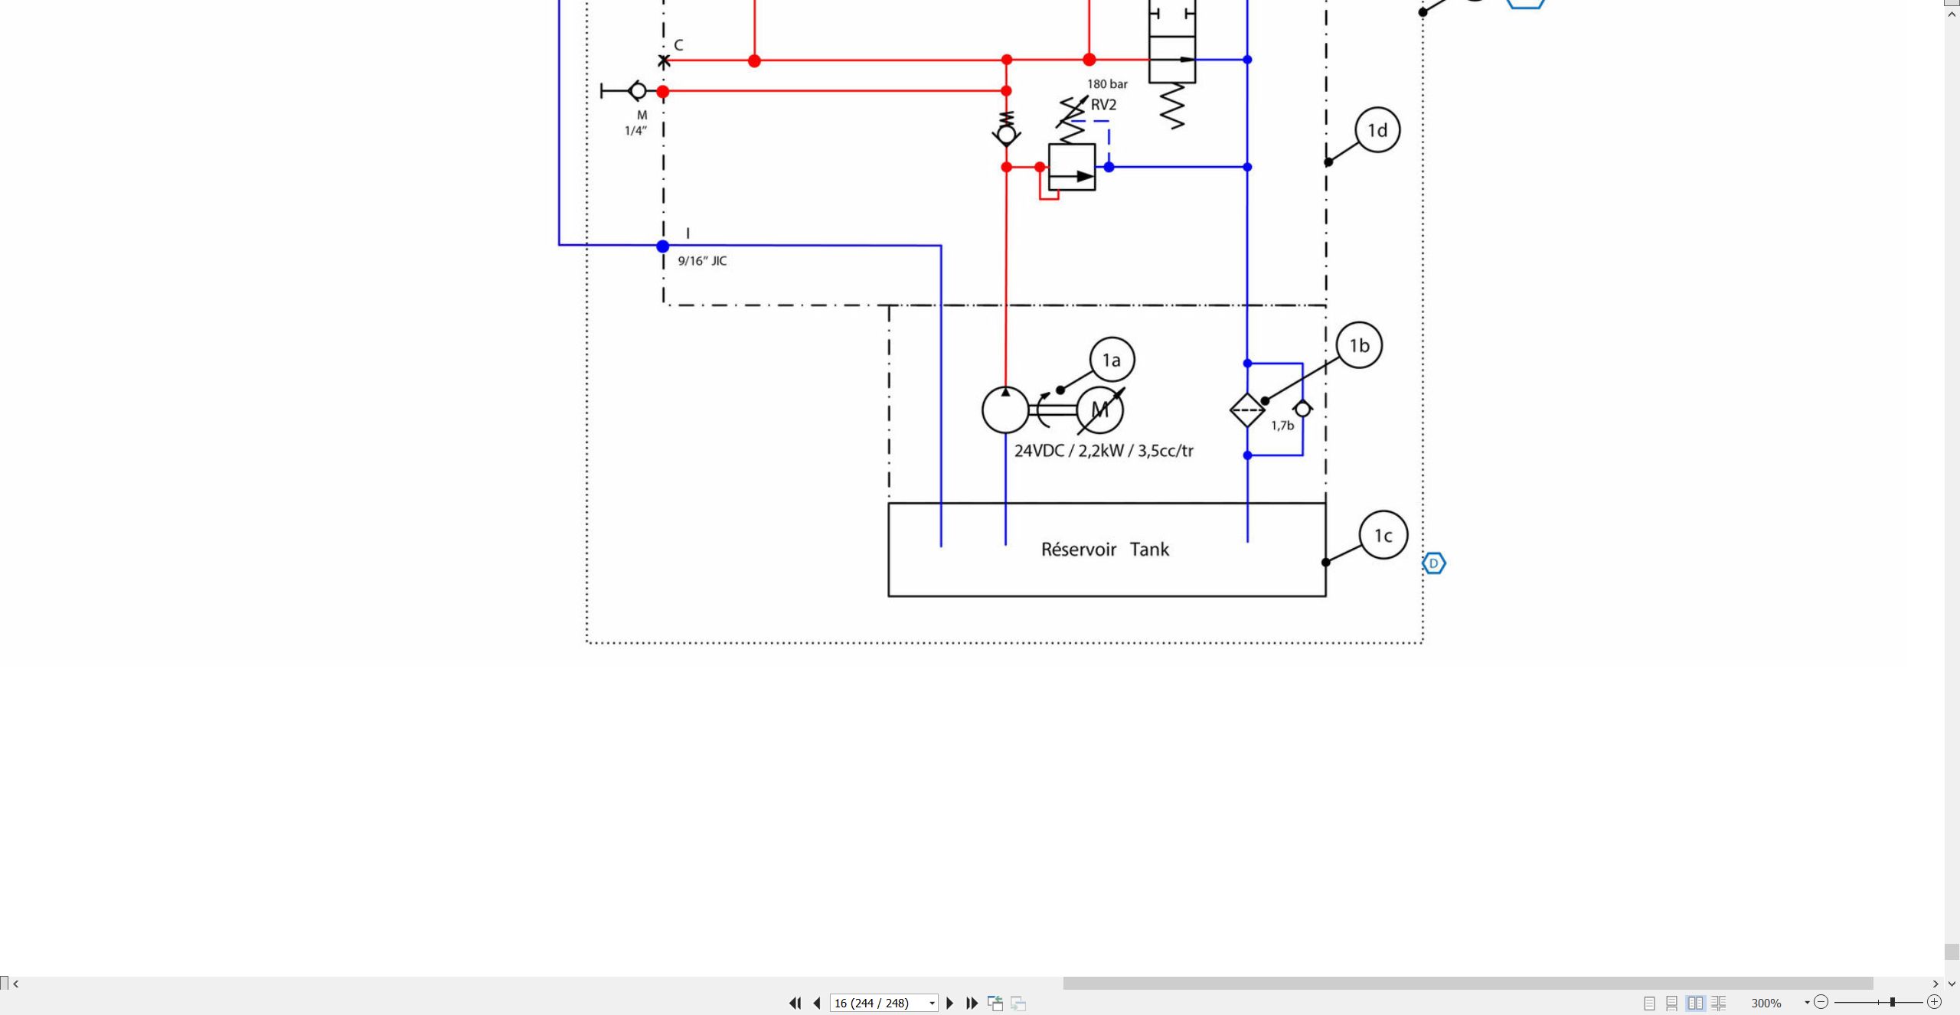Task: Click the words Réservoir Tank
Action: coord(1105,550)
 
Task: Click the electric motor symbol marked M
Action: coord(1100,410)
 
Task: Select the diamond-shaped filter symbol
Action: coord(1247,410)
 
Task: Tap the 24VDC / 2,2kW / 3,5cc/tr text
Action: coord(1103,451)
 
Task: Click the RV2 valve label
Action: coord(1103,105)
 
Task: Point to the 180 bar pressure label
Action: coord(1107,84)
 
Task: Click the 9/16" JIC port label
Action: coord(702,261)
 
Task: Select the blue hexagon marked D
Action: coord(1434,563)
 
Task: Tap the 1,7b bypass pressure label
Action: coord(1282,426)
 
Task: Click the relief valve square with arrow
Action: coord(1072,167)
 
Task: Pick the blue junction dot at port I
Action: coord(663,246)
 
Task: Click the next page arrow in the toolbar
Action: coord(950,1003)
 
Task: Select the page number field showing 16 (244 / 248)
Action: coord(884,1003)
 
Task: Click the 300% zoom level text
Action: coord(1766,1003)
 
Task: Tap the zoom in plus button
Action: coord(1934,1002)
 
